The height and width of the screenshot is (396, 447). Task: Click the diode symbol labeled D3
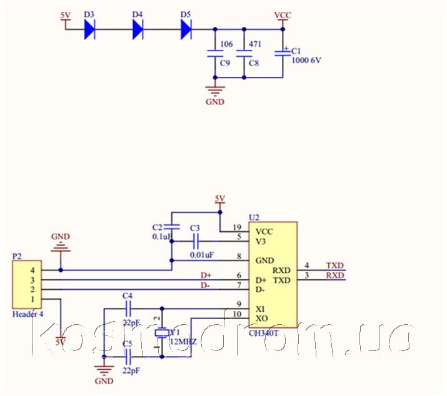click(89, 29)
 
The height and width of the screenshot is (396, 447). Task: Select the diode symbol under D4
click(138, 29)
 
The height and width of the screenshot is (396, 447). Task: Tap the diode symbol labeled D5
click(186, 29)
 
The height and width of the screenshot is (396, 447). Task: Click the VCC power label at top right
click(283, 14)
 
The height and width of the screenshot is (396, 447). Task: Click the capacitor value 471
click(254, 45)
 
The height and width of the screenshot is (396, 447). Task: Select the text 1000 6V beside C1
click(306, 60)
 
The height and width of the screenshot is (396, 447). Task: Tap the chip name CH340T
click(264, 333)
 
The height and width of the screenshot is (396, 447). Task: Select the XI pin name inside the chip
click(261, 309)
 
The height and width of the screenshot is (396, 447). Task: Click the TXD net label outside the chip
click(335, 265)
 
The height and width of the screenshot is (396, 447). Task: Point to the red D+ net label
click(206, 275)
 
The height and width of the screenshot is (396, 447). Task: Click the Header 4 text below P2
click(28, 314)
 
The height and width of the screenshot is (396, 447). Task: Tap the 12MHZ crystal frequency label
click(184, 342)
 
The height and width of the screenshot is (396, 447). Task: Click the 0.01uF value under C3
click(202, 255)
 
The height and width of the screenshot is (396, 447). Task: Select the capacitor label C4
click(128, 295)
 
